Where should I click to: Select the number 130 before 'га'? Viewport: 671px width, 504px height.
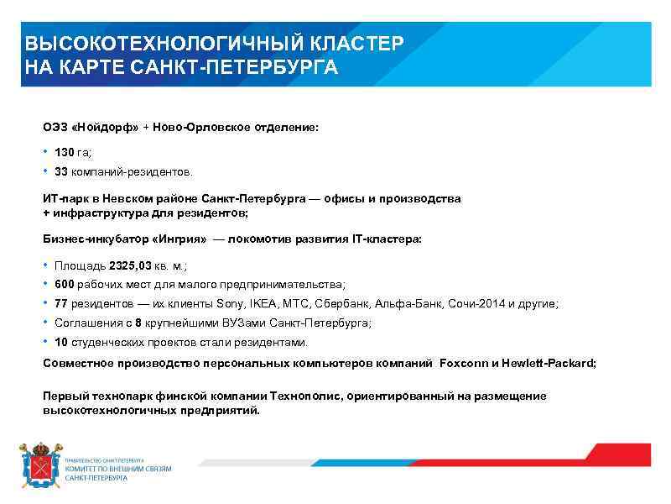coord(65,152)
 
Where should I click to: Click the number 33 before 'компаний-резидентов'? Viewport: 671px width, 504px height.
coord(61,171)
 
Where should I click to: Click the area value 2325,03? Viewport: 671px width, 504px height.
coord(130,265)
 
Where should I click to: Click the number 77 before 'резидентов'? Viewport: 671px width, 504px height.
coord(61,304)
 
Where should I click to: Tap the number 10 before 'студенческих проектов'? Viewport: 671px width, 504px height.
coord(61,343)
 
